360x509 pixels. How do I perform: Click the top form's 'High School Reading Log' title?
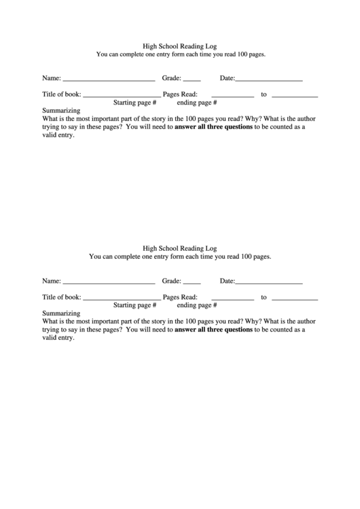[180, 45]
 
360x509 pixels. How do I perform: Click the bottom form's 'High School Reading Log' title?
[180, 248]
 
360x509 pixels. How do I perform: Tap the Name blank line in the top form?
[109, 80]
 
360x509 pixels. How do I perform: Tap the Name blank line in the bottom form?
[109, 283]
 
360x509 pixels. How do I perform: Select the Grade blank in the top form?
[192, 80]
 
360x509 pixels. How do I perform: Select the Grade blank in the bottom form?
[192, 283]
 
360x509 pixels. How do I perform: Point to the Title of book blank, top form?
[121, 96]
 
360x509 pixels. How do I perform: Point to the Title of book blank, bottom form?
[121, 299]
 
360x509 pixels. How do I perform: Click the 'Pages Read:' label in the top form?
[180, 94]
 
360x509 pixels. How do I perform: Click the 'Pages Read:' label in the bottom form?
[180, 297]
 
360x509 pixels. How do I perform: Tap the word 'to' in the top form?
[264, 94]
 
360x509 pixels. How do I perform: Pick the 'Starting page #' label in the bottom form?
[134, 306]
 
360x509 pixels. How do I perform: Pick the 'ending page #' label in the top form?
[196, 103]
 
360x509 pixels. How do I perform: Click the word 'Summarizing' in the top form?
[61, 110]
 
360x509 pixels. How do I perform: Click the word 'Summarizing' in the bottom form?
[61, 313]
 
